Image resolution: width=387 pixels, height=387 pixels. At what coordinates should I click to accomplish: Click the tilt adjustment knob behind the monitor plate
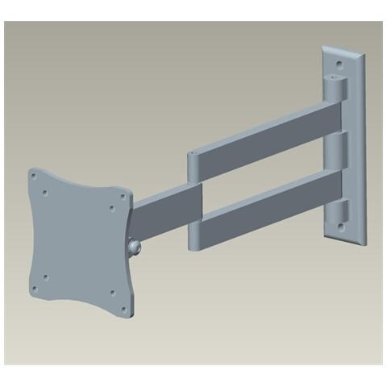point(134,245)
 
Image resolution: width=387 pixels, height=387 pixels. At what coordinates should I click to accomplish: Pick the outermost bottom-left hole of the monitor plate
point(35,288)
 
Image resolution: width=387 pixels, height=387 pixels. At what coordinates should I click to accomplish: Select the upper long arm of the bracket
point(266,129)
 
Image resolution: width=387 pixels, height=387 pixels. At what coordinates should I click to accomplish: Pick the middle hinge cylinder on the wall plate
point(339,149)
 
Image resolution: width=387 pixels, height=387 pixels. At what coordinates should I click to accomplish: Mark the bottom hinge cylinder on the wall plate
point(339,214)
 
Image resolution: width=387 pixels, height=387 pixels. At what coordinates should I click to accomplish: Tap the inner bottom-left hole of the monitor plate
point(47,277)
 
